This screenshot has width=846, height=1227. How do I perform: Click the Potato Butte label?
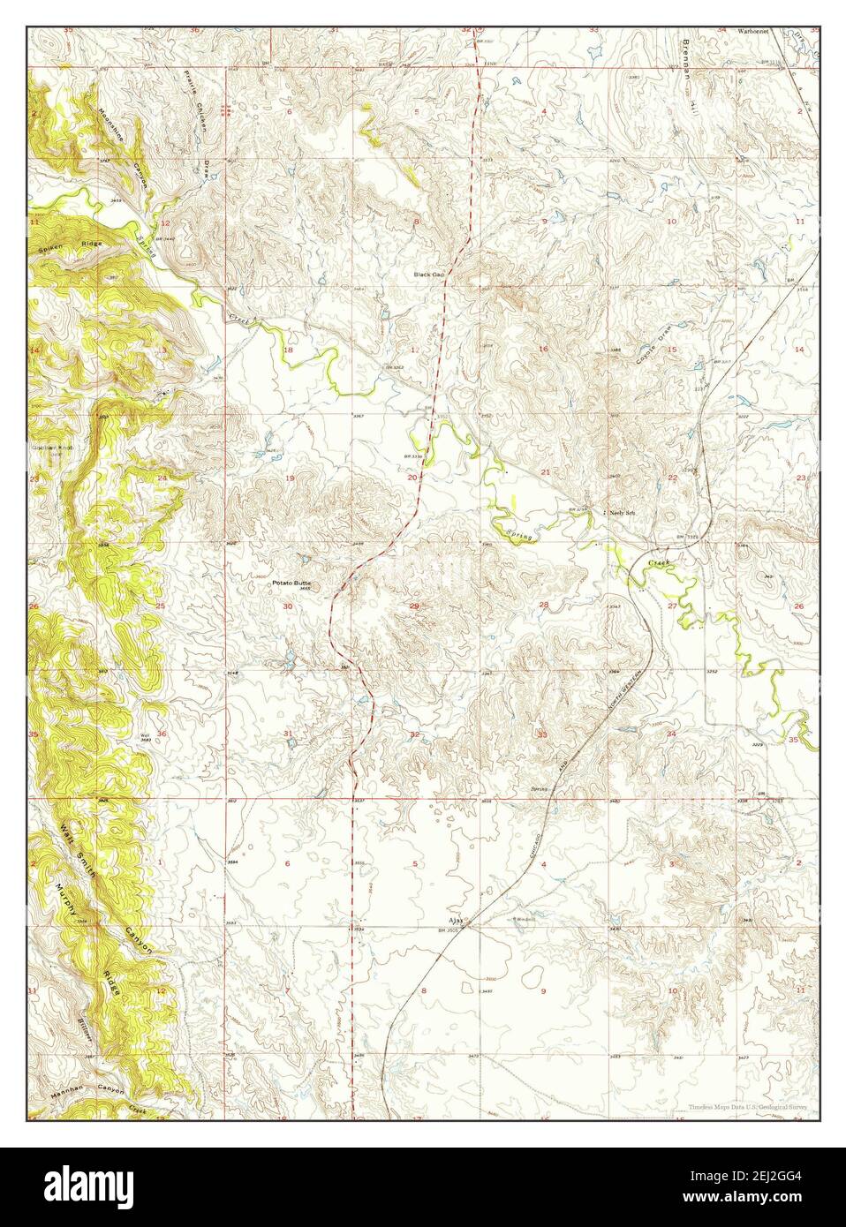point(291,583)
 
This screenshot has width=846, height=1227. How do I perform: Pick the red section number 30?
point(287,606)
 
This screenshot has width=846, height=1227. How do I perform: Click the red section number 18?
point(287,350)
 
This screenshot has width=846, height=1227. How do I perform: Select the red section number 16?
point(544,350)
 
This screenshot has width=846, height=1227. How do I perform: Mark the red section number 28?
point(544,605)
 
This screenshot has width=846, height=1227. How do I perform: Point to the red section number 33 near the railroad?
point(543,734)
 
